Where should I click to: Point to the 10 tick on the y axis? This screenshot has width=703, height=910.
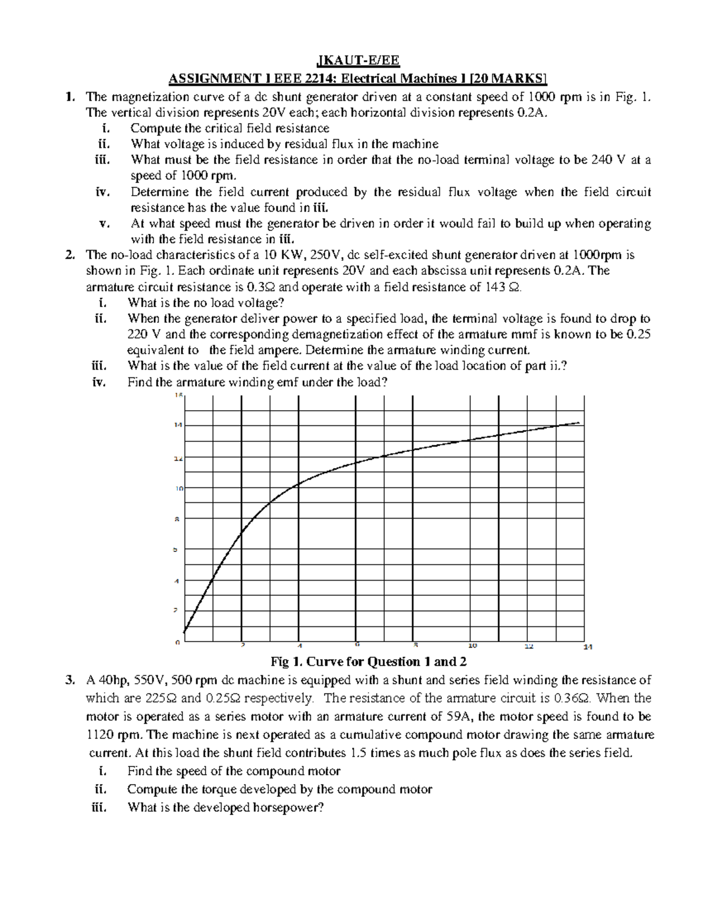(x=179, y=488)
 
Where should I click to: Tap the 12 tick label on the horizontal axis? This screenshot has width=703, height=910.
(x=528, y=646)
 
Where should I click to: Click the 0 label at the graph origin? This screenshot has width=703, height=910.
(x=177, y=643)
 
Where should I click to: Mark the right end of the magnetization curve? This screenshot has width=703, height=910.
(x=579, y=422)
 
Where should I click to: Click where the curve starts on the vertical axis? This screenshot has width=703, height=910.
(x=185, y=632)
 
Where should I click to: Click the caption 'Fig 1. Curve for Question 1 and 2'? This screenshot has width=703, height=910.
(x=368, y=662)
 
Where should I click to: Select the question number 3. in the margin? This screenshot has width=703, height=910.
(x=70, y=680)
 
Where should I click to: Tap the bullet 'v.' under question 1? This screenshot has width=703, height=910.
(x=105, y=223)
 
